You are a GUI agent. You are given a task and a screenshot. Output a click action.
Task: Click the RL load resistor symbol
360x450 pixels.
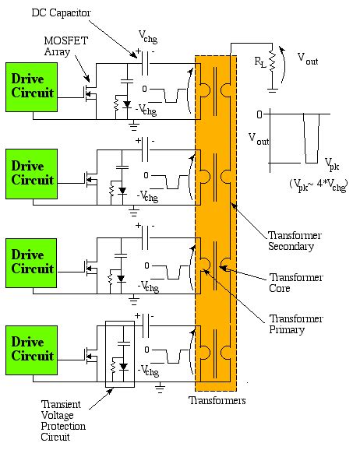pyautogui.click(x=271, y=58)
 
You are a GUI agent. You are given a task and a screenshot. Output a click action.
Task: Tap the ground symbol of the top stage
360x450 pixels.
pyautogui.click(x=133, y=123)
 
